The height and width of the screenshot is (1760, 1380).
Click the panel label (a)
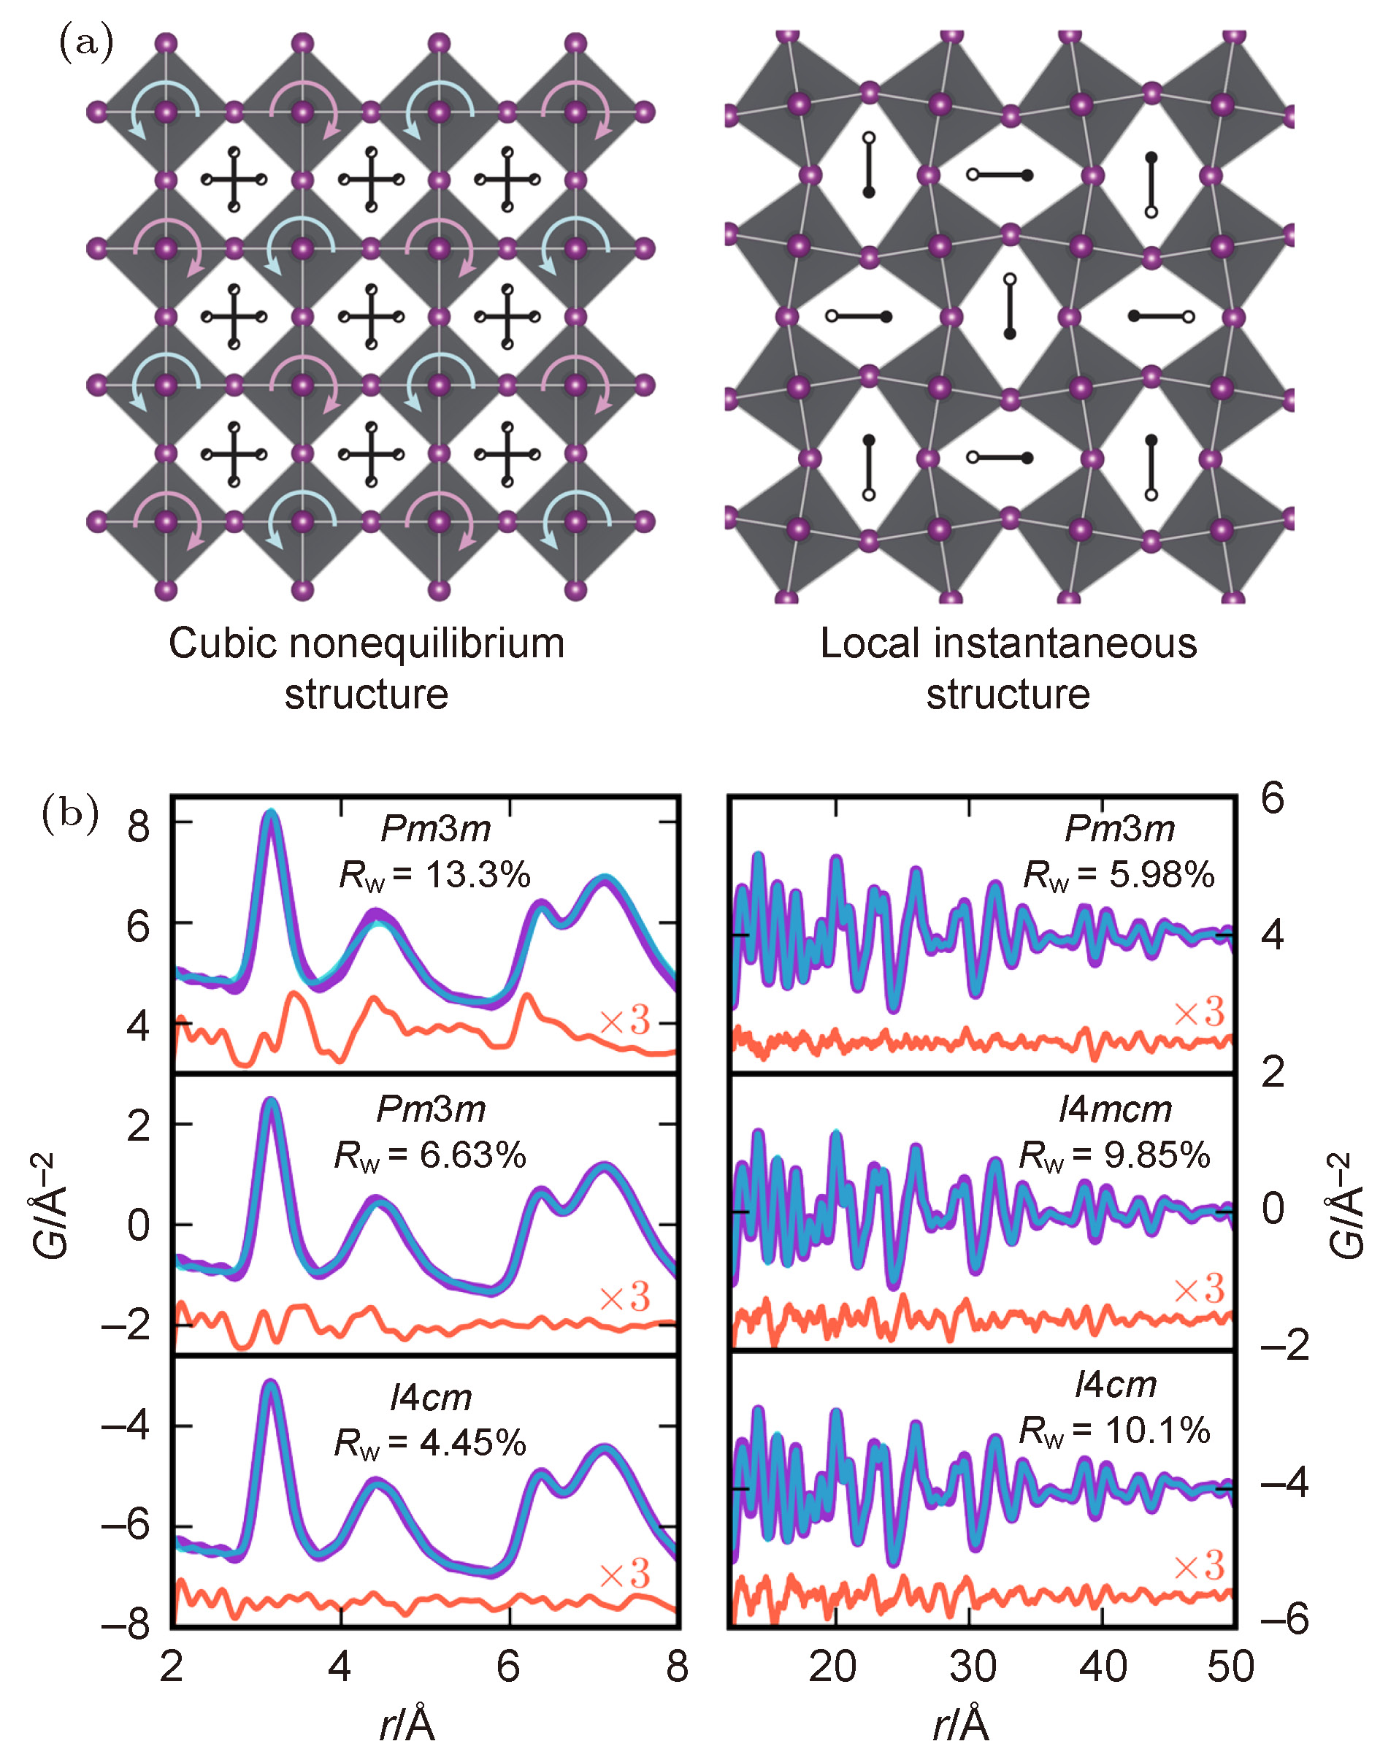[85, 43]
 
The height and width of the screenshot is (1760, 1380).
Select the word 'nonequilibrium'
[426, 644]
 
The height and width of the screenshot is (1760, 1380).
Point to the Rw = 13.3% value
[434, 875]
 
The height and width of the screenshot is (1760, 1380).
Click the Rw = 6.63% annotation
[431, 1155]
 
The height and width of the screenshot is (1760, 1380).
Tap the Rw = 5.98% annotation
[1119, 875]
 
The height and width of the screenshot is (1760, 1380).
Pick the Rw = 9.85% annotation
[1114, 1155]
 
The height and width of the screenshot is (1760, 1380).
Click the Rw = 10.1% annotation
[1114, 1431]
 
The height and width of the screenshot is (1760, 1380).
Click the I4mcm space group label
[1115, 1109]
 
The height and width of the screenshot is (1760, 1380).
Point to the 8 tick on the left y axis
[138, 827]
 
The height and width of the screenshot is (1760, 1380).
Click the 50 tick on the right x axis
[1230, 1667]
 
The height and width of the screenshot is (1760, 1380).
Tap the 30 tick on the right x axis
[972, 1667]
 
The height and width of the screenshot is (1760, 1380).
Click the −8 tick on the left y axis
[126, 1624]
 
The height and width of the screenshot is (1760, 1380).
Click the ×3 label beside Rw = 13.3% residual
[624, 1021]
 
